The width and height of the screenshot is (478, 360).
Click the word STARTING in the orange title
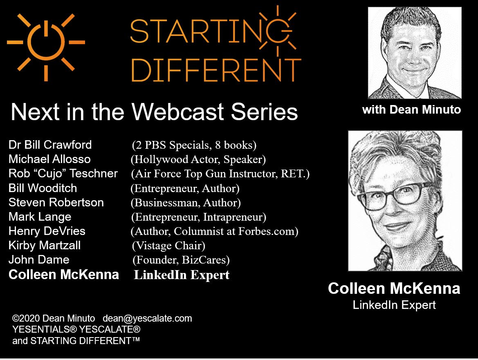[x=211, y=31]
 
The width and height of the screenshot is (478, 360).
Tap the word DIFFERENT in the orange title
[x=216, y=70]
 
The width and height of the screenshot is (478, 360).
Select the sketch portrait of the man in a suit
[x=415, y=53]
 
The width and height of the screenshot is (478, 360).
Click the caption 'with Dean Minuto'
[x=411, y=110]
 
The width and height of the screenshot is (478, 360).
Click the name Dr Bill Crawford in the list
[x=50, y=145]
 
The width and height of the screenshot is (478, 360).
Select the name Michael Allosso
[x=49, y=159]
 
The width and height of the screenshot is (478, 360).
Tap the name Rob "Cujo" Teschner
[x=63, y=173]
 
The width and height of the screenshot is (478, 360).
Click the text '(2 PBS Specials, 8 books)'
[x=194, y=145]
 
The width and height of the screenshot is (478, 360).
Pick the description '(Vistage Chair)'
[x=168, y=246]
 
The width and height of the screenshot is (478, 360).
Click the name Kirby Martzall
[x=45, y=246]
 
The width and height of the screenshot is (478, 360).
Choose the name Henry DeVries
[x=47, y=231]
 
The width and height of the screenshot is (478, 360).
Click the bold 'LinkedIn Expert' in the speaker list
[x=182, y=275]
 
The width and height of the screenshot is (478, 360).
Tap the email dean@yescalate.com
[x=147, y=318]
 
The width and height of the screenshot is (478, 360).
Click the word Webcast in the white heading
[x=178, y=112]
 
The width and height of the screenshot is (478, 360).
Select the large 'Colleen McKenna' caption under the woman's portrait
[x=394, y=288]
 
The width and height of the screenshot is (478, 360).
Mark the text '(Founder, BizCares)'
[x=181, y=260]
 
